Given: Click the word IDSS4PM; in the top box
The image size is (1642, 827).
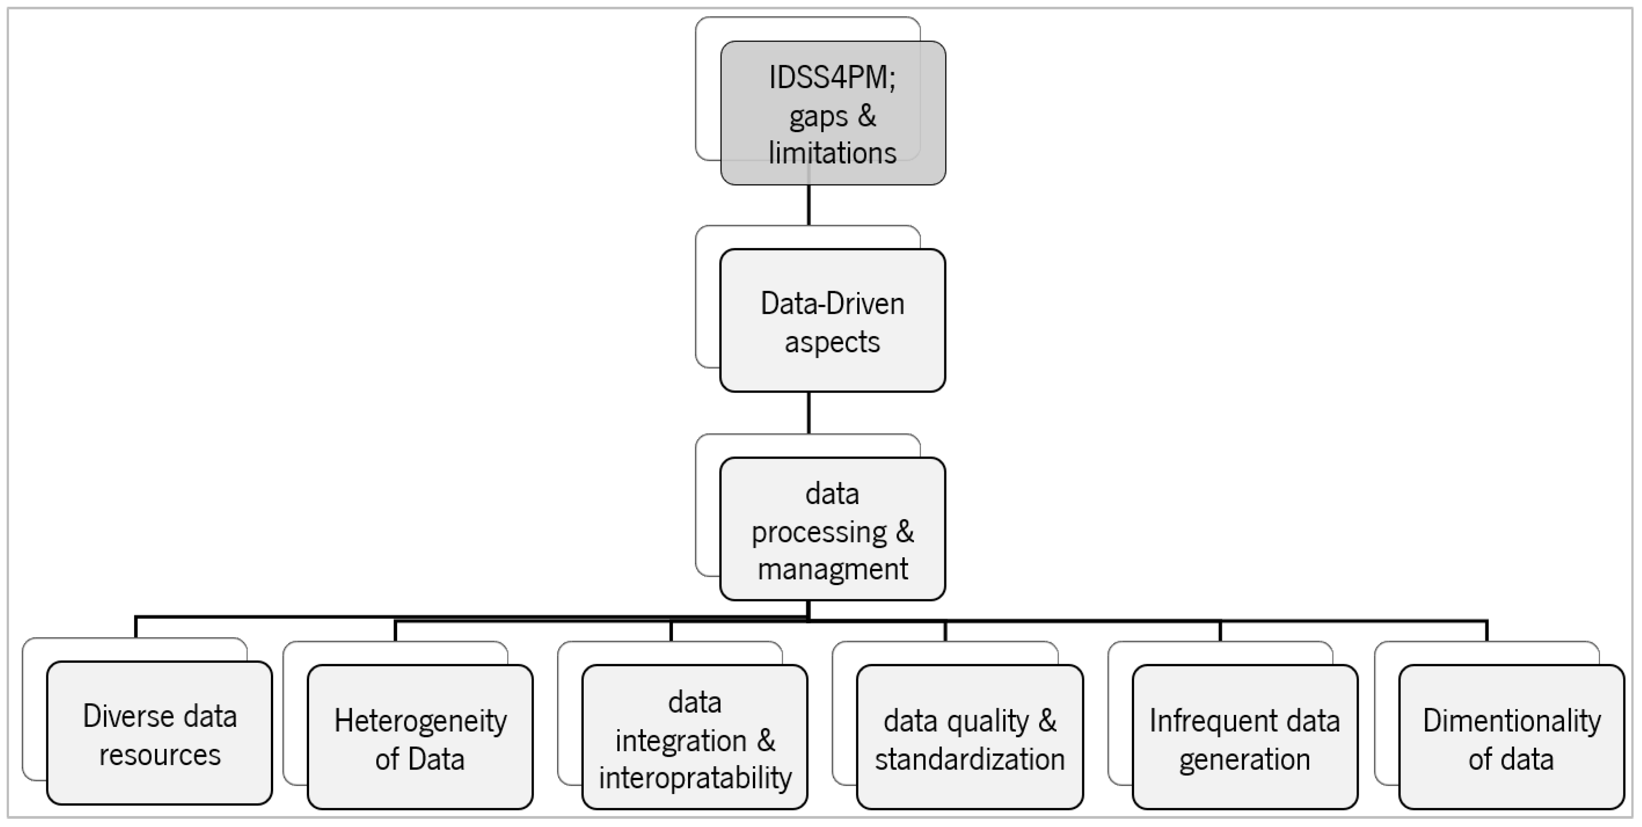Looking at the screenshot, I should coord(832,78).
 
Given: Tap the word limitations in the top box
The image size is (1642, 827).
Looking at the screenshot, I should coord(832,153).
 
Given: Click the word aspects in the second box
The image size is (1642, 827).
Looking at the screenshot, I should coord(832,342).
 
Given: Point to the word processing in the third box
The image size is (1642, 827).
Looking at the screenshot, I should coord(819,532).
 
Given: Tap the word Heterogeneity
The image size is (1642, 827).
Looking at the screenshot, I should coord(420,721).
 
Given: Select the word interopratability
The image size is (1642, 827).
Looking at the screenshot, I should coord(695,778).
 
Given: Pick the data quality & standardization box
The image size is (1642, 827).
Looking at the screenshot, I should coord(969,790).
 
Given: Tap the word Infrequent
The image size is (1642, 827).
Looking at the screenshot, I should coord(1200,721).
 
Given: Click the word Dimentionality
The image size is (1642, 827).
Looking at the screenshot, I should coord(1511,721).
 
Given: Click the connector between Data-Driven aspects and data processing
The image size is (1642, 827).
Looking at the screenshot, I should coord(809,413).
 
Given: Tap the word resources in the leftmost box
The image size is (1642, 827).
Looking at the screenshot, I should coord(159,755).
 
